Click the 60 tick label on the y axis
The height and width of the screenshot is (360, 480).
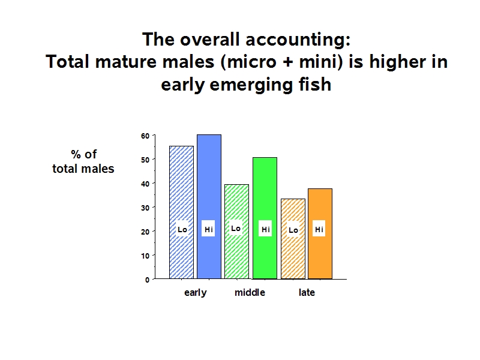145,136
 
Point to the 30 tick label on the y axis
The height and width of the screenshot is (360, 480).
145,208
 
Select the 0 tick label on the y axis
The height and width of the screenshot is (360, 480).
147,280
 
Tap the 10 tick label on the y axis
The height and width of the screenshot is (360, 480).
145,256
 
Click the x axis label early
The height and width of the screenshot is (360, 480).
196,293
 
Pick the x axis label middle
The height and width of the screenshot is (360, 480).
250,292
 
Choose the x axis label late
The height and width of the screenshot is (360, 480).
307,292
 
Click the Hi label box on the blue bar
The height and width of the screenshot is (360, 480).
208,229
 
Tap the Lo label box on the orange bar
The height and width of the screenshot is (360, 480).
293,229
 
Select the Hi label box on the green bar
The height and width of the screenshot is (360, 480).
265,229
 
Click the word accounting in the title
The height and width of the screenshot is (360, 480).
298,40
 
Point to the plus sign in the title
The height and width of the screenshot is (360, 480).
287,62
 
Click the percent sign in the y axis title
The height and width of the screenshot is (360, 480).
76,154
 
